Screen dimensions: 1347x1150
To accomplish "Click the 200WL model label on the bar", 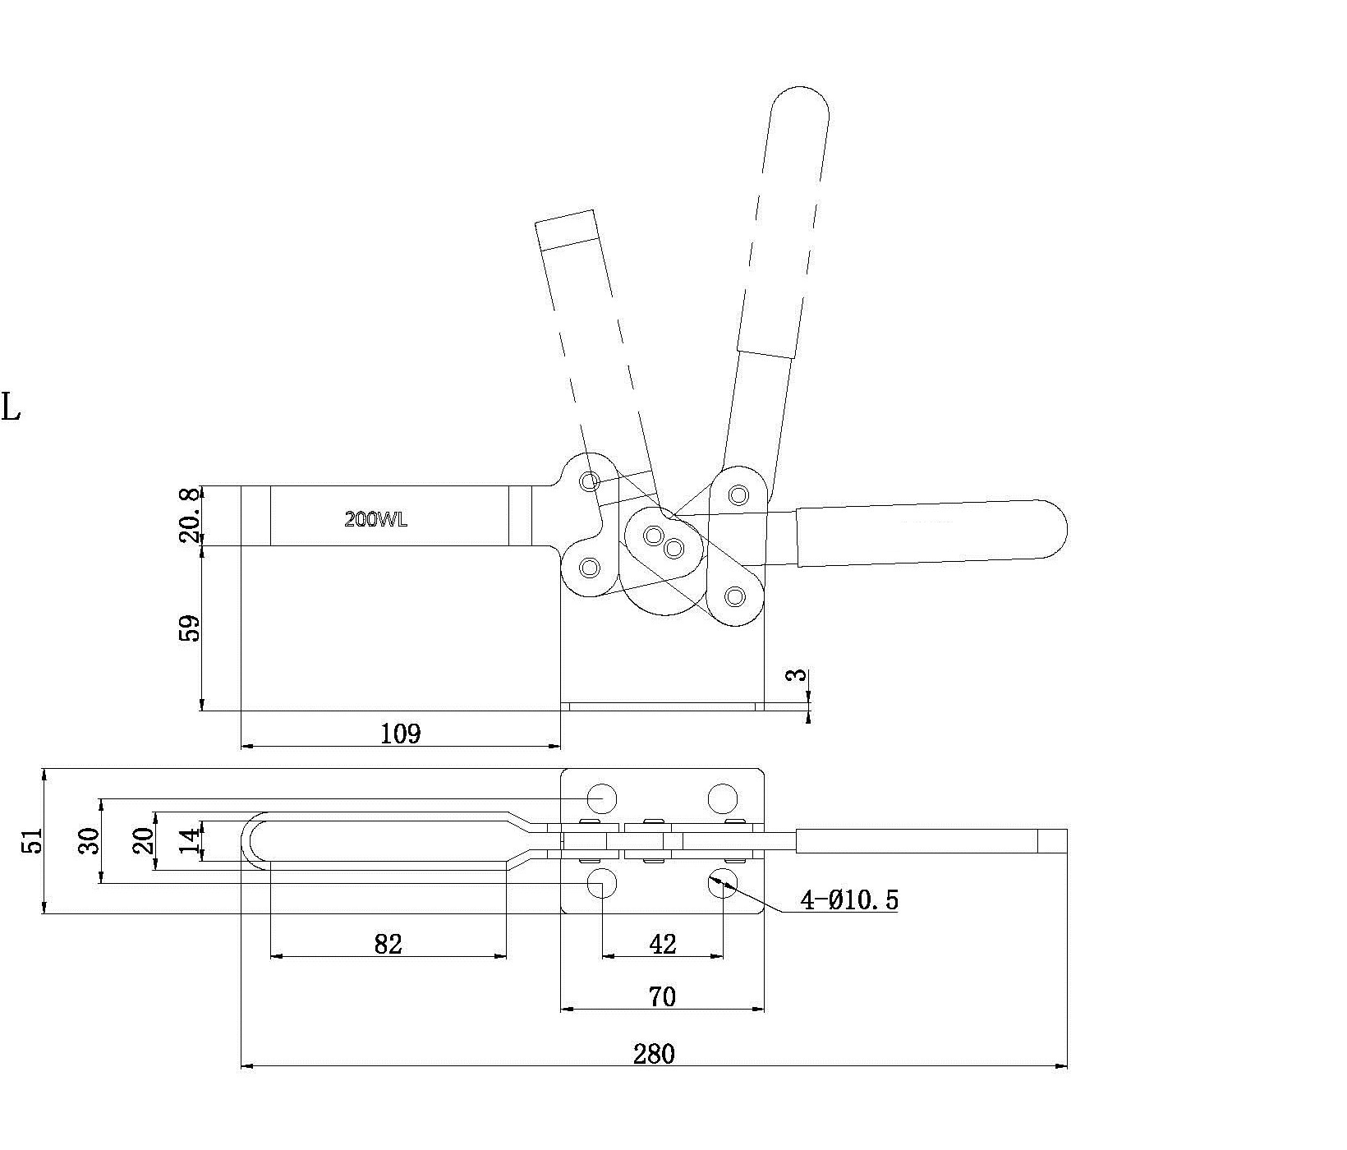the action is [x=375, y=519].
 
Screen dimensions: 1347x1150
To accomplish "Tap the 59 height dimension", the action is [x=190, y=628].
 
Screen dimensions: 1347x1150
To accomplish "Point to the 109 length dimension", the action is [x=401, y=734].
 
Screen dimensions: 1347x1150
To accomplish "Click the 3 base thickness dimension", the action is [x=796, y=675].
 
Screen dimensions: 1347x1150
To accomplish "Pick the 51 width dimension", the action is [x=32, y=841].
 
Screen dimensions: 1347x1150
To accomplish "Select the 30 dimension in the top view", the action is [x=88, y=841].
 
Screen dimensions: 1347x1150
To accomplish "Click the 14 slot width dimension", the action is [x=189, y=841].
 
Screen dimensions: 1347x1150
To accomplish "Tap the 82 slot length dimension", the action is [x=388, y=945].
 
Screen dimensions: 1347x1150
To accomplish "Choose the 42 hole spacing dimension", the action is [x=662, y=945].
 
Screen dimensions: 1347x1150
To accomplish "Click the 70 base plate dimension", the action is [x=662, y=997].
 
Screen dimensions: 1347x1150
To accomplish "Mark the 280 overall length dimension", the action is [x=654, y=1054].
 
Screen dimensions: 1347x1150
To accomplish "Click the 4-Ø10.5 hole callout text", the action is [x=850, y=901].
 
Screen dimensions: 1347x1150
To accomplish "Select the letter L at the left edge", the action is [x=11, y=407].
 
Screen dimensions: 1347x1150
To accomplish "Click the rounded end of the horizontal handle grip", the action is [x=1055, y=527].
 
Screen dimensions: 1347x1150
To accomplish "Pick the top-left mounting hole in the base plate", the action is [x=602, y=798].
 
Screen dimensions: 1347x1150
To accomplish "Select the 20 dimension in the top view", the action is [x=144, y=841].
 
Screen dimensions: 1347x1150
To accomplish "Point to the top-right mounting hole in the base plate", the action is [x=723, y=798].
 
